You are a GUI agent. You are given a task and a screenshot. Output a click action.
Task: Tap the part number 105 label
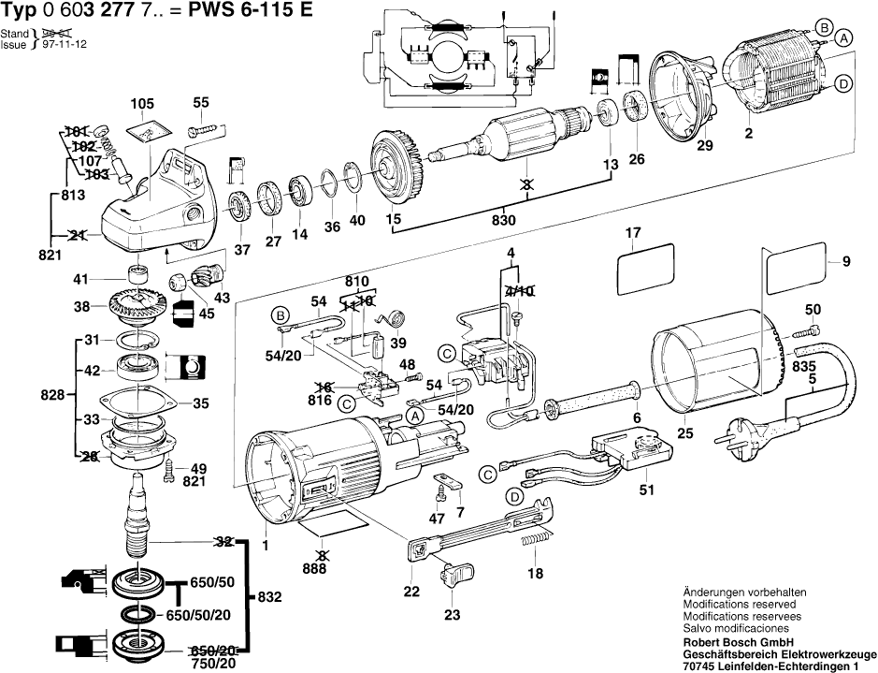click(142, 103)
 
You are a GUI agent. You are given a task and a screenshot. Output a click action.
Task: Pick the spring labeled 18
click(532, 542)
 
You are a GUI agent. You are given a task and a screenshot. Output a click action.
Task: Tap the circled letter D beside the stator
click(843, 84)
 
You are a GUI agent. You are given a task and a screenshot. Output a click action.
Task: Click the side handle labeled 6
click(595, 398)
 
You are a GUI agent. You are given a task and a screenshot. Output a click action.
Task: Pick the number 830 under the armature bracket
click(504, 222)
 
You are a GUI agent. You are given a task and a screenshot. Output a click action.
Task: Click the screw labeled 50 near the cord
click(810, 330)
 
